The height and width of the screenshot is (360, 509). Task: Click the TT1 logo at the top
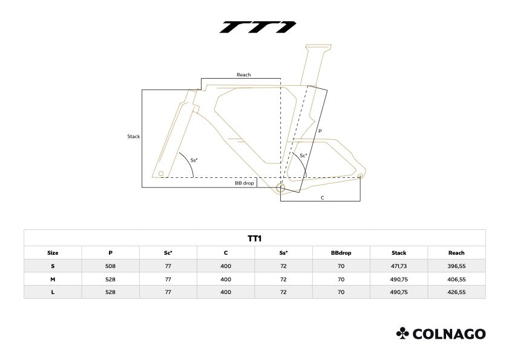pyautogui.click(x=258, y=27)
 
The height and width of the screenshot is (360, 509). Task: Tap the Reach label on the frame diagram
pyautogui.click(x=243, y=74)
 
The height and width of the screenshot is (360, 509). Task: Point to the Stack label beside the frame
pyautogui.click(x=133, y=136)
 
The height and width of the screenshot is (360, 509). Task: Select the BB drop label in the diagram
pyautogui.click(x=244, y=183)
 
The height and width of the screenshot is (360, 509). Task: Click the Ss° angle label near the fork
pyautogui.click(x=194, y=160)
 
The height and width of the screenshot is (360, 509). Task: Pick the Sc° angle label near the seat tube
pyautogui.click(x=303, y=155)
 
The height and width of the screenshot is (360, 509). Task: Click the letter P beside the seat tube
pyautogui.click(x=320, y=131)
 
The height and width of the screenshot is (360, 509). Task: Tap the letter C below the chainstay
pyautogui.click(x=323, y=198)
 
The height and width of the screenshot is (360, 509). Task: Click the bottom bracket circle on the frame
pyautogui.click(x=280, y=188)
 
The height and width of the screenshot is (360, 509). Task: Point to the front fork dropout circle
pyautogui.click(x=161, y=174)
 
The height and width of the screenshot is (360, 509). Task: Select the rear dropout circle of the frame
pyautogui.click(x=360, y=176)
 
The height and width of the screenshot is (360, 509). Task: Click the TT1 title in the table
pyautogui.click(x=254, y=238)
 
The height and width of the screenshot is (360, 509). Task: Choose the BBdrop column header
pyautogui.click(x=341, y=253)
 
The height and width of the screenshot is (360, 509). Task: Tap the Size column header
pyautogui.click(x=53, y=253)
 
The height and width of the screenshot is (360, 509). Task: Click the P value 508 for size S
pyautogui.click(x=110, y=266)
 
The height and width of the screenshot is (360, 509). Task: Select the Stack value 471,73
pyautogui.click(x=399, y=266)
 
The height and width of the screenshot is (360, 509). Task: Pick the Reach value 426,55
pyautogui.click(x=456, y=292)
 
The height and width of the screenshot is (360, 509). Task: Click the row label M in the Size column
pyautogui.click(x=53, y=279)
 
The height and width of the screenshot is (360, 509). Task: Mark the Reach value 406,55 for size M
pyautogui.click(x=456, y=279)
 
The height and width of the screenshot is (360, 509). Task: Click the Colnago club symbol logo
pyautogui.click(x=402, y=333)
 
